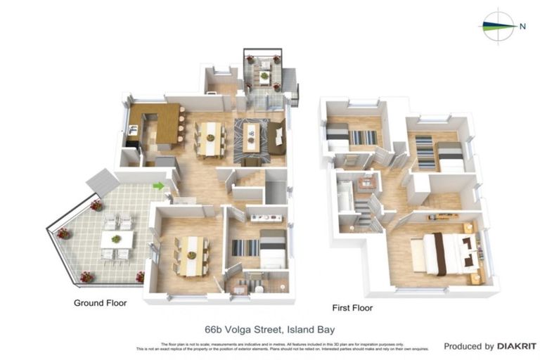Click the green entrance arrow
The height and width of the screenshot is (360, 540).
click(158, 186)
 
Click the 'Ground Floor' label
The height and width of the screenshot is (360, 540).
click(101, 304)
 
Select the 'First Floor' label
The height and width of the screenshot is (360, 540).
click(352, 308)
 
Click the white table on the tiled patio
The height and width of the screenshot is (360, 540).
click(117, 240)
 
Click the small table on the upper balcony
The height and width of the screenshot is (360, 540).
click(264, 76)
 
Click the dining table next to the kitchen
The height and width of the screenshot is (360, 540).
click(210, 136)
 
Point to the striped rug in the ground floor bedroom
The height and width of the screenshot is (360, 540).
click(247, 248)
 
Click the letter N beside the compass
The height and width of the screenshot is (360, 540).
click(522, 27)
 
